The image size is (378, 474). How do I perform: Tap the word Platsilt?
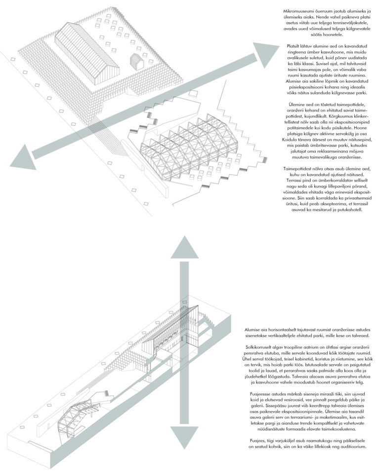[x=294, y=46]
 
